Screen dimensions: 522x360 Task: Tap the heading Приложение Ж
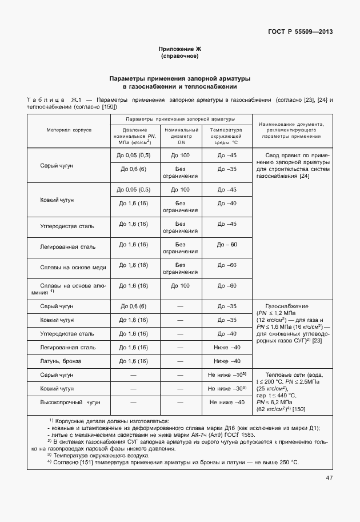tap(180, 50)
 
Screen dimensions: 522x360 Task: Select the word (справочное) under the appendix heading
tap(180, 57)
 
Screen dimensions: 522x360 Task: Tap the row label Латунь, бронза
tap(61, 361)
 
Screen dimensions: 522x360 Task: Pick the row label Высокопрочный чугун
tap(70, 403)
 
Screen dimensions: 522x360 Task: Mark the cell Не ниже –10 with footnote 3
tap(227, 374)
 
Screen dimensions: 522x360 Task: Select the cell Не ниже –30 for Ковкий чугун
tap(227, 388)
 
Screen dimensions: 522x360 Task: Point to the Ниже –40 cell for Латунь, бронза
tap(227, 361)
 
